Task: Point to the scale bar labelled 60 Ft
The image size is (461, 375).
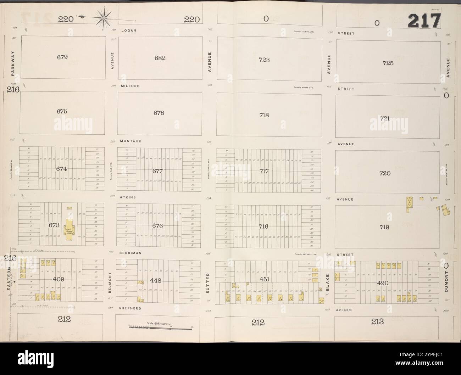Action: tap(160, 326)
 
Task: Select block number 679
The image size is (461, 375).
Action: tap(62, 56)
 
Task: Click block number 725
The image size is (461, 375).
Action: tap(388, 63)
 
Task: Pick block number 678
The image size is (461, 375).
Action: tap(159, 113)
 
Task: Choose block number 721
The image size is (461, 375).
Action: tap(385, 118)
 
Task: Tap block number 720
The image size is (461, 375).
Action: tap(385, 173)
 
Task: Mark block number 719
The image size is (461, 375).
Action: tap(384, 227)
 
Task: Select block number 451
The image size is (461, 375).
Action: tap(265, 279)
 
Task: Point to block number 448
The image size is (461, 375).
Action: tap(156, 280)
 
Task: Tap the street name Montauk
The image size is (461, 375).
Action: tap(130, 141)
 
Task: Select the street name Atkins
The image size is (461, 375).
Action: tap(128, 197)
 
